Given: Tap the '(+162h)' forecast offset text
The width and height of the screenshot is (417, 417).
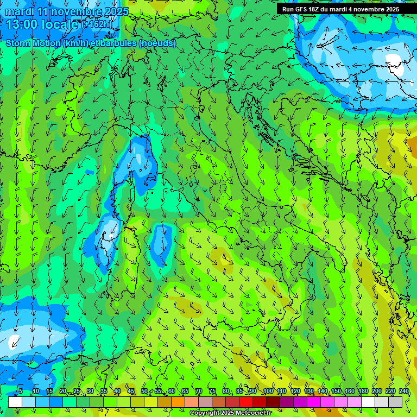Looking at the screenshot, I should [x=97, y=24].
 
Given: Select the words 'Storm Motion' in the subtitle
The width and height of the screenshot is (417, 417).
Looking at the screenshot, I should [x=32, y=43].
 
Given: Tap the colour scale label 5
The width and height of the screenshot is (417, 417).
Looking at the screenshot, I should [x=21, y=391].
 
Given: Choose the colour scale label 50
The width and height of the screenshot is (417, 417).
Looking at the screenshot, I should [x=144, y=391].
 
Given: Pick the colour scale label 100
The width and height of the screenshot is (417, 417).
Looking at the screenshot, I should [x=268, y=391].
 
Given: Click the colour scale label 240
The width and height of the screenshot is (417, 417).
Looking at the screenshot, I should [x=404, y=391].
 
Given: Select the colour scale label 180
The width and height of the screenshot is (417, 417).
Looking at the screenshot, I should [x=363, y=391].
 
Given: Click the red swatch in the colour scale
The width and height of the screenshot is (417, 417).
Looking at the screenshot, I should [x=246, y=402].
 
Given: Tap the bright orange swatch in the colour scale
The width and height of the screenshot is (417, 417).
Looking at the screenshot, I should [x=178, y=402].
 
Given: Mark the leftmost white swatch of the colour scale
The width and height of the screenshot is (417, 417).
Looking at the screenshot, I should [x=15, y=402].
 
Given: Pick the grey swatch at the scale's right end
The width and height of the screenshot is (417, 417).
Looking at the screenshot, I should [x=395, y=402].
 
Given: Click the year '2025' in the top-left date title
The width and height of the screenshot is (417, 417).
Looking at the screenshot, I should [x=115, y=11].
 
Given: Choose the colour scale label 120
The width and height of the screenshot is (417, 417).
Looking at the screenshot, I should [x=295, y=391].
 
